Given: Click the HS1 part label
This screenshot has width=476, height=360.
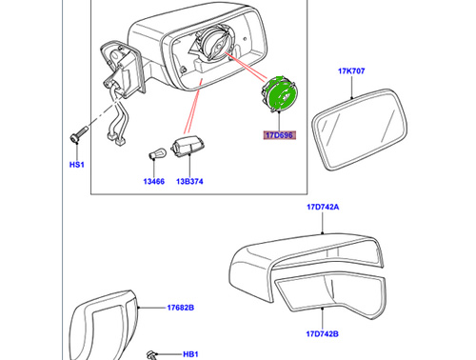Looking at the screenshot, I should (75, 165).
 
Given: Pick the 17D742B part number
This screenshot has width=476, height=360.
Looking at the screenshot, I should (322, 333).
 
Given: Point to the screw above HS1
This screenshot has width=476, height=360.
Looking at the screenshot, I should (76, 134).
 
